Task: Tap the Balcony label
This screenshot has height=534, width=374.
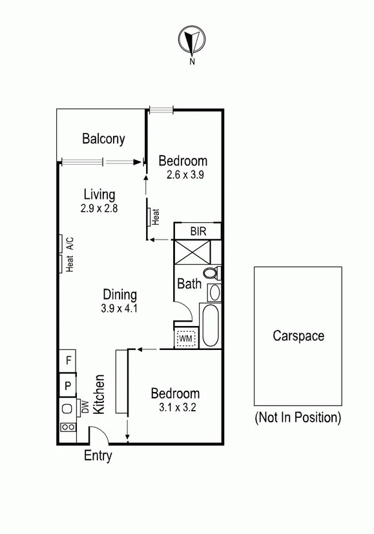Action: tap(103, 139)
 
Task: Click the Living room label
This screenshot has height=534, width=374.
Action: tap(99, 194)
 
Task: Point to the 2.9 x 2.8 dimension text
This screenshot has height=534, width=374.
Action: tap(99, 209)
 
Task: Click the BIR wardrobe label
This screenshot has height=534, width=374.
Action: tap(198, 231)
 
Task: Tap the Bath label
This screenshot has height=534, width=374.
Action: tap(189, 283)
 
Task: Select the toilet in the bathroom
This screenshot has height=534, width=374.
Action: tap(212, 273)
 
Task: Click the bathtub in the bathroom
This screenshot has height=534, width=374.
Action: tap(211, 326)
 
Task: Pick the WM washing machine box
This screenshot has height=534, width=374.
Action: tap(186, 337)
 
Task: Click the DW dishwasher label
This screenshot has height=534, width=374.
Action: tap(84, 407)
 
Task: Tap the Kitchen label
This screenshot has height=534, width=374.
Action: tap(99, 395)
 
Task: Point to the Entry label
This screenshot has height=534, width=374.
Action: tap(98, 456)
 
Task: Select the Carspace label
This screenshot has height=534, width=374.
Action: tap(298, 336)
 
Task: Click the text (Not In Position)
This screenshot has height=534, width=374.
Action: tap(298, 417)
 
